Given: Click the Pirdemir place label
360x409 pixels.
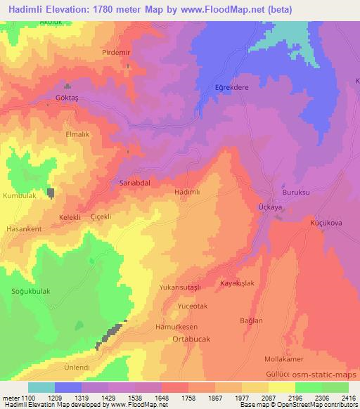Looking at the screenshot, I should coord(96,53).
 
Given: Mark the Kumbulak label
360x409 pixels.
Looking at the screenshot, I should coord(19,196).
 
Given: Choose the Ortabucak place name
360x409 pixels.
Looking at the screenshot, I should coord(190,338).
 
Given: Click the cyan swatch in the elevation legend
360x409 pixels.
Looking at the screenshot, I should coord(41,387).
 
